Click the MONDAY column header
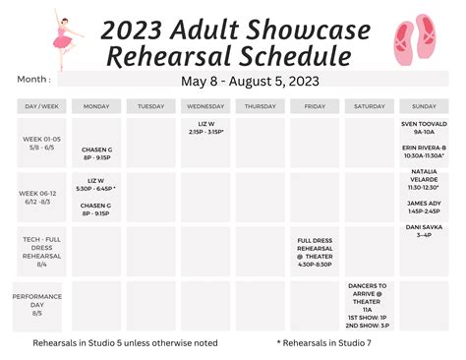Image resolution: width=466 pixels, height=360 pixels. (x=96, y=105)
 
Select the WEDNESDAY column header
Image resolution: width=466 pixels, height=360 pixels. (x=204, y=105)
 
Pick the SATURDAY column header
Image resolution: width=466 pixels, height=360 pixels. (x=369, y=105)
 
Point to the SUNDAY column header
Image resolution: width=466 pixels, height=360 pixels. (x=424, y=105)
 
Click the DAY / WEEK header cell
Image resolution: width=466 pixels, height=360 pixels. (x=41, y=105)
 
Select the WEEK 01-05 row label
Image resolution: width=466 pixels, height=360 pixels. (x=41, y=143)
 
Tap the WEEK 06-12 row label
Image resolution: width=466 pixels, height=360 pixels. (x=41, y=197)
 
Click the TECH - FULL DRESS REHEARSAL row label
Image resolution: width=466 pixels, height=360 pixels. (x=41, y=251)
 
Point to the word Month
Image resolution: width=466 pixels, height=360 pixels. (x=33, y=80)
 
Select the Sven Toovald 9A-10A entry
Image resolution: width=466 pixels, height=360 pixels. (x=424, y=128)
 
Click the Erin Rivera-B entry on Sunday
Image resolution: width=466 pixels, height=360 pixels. (x=424, y=151)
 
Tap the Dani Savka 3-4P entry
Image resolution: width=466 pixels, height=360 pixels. (x=424, y=231)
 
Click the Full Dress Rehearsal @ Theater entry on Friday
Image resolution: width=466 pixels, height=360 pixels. (x=315, y=252)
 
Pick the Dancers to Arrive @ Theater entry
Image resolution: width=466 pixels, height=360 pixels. (x=369, y=294)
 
